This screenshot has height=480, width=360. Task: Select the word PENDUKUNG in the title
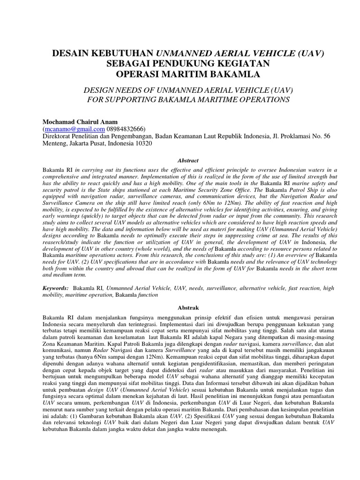point(194,64)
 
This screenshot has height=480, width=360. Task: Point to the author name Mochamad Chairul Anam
point(80,121)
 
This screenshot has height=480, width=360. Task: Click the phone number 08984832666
point(126,129)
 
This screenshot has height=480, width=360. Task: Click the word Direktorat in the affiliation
point(58,136)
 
